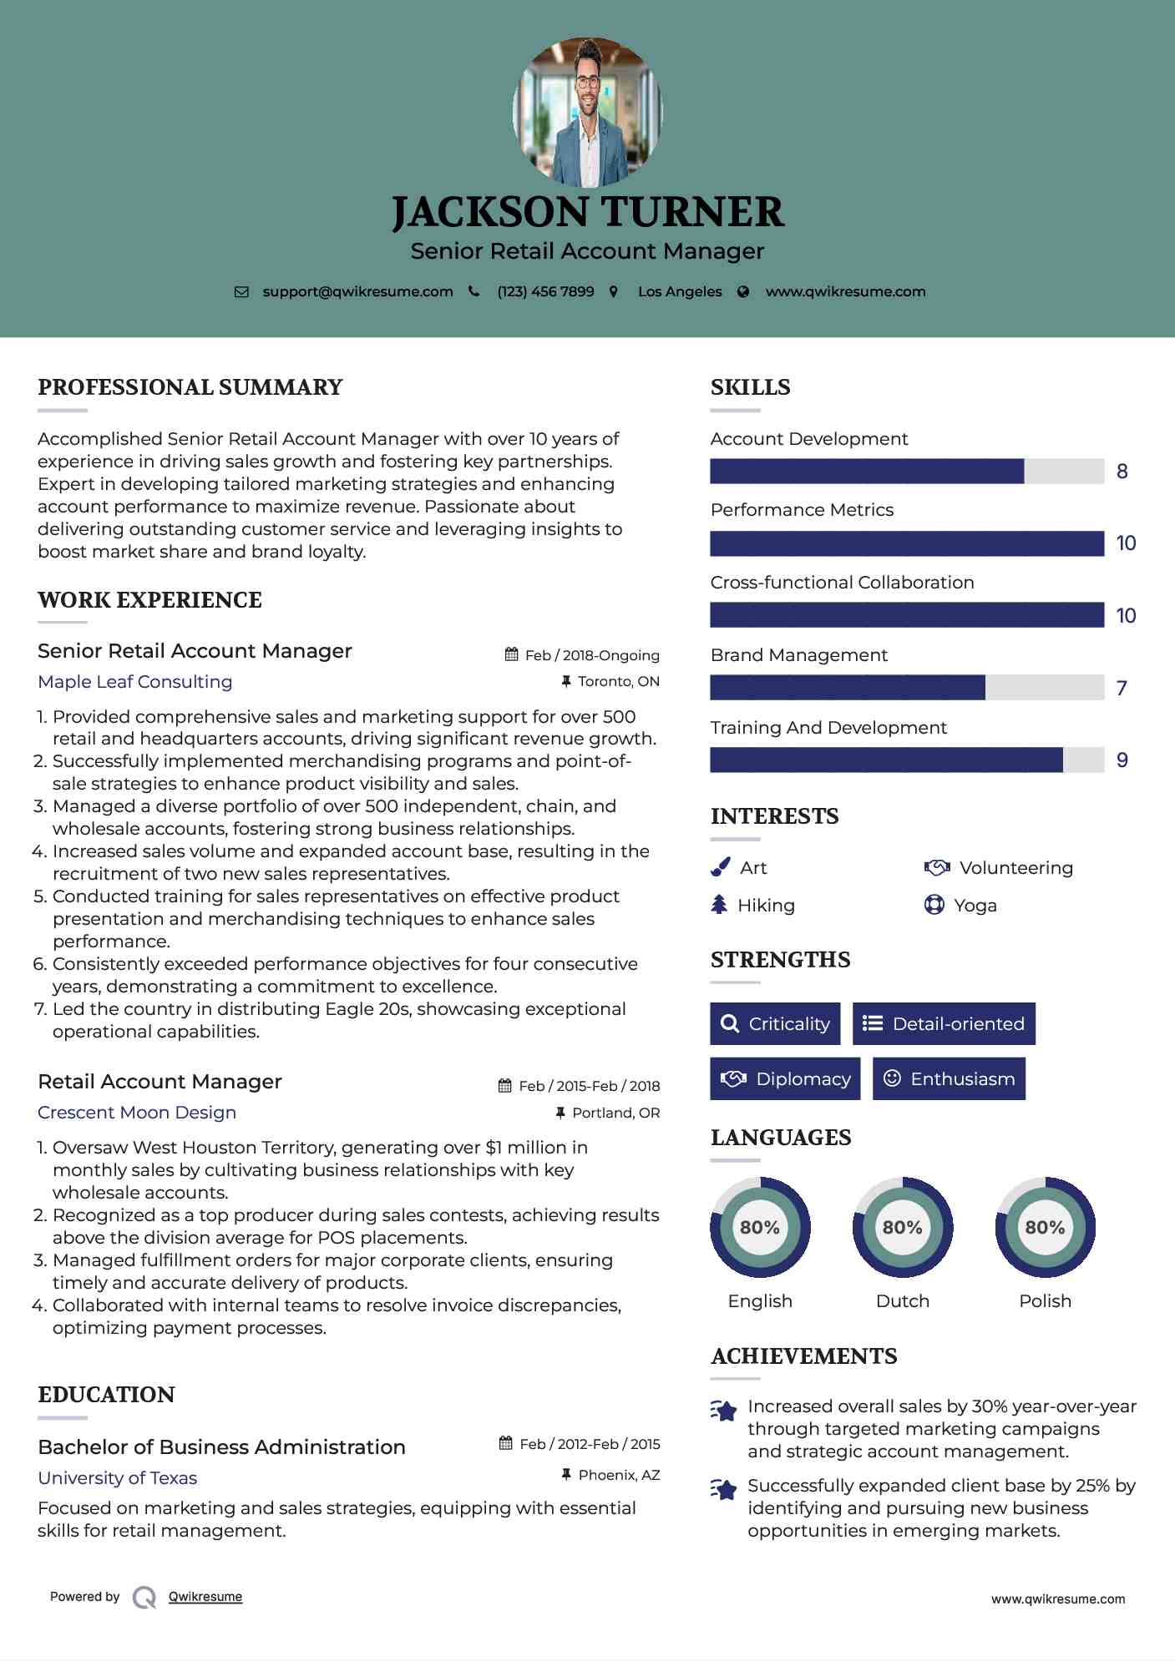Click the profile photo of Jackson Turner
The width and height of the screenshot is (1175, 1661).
pyautogui.click(x=587, y=112)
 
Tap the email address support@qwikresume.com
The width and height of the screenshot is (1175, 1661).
pyautogui.click(x=357, y=291)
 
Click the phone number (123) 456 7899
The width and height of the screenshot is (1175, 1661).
pyautogui.click(x=545, y=291)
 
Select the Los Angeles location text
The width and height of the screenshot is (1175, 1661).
pyautogui.click(x=680, y=291)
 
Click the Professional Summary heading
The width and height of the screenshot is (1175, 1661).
pyautogui.click(x=190, y=387)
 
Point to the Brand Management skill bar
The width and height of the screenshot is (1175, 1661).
pyautogui.click(x=906, y=688)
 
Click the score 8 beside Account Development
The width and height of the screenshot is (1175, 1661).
pyautogui.click(x=1122, y=472)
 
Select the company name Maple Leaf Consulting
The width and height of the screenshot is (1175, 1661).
pyautogui.click(x=135, y=682)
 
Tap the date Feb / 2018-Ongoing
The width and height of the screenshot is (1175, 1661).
pyautogui.click(x=592, y=655)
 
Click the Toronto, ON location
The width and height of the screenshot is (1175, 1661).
pyautogui.click(x=618, y=681)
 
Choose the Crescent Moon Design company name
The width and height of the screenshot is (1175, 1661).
pyautogui.click(x=137, y=1113)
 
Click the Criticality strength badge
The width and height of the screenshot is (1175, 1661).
pyautogui.click(x=775, y=1023)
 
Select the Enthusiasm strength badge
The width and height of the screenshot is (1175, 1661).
pyautogui.click(x=949, y=1078)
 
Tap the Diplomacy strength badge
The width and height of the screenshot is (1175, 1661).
pyautogui.click(x=785, y=1078)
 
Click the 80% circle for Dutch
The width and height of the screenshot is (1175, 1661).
pyautogui.click(x=902, y=1227)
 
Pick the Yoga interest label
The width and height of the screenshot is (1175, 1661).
pyautogui.click(x=975, y=906)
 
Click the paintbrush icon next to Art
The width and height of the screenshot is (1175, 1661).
pyautogui.click(x=720, y=867)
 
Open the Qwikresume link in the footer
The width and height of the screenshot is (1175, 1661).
pyautogui.click(x=205, y=1597)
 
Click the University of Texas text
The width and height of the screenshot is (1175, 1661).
pyautogui.click(x=118, y=1478)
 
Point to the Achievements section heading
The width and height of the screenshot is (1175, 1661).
pyautogui.click(x=803, y=1356)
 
